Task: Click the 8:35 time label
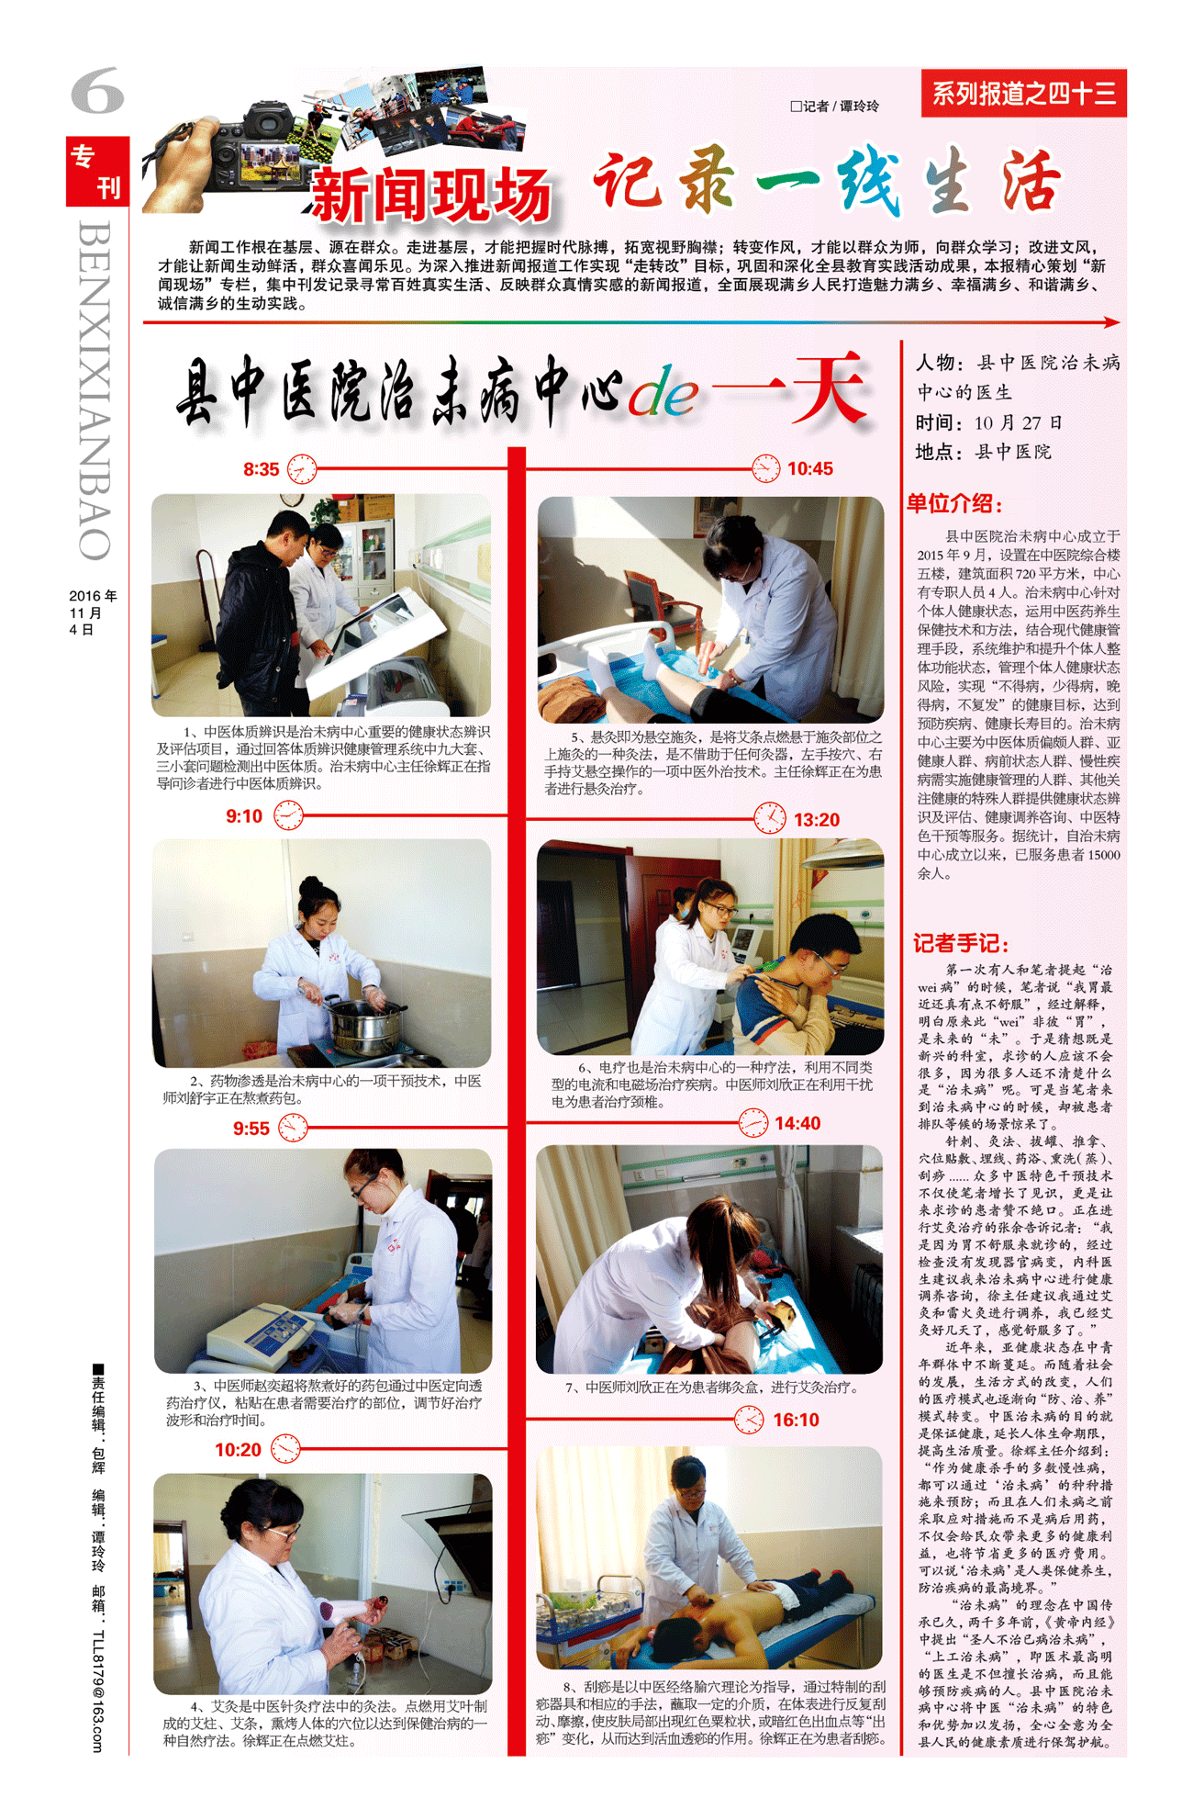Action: [x=261, y=469]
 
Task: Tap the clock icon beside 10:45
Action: [x=765, y=468]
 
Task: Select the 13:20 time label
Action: [x=817, y=819]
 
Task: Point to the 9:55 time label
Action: [x=251, y=1129]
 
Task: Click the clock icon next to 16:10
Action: [x=749, y=1420]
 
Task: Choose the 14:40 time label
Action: [x=797, y=1123]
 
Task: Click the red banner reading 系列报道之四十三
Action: [x=1024, y=93]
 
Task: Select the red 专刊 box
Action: [x=97, y=171]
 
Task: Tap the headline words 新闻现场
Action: [x=431, y=195]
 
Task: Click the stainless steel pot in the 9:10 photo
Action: [x=365, y=1025]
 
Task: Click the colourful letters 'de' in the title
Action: [x=663, y=394]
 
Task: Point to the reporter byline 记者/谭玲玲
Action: [x=834, y=107]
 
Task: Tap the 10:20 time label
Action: [x=238, y=1450]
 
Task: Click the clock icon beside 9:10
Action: [x=288, y=815]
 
